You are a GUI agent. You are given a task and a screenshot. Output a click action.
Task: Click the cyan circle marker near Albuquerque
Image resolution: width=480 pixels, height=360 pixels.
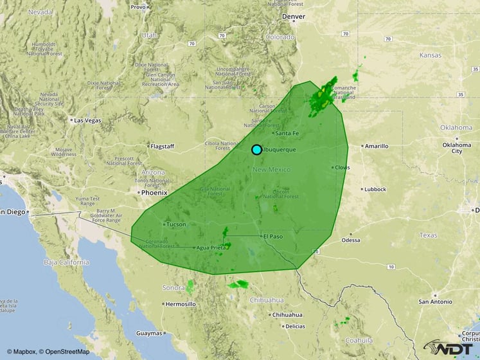click(x=256, y=150)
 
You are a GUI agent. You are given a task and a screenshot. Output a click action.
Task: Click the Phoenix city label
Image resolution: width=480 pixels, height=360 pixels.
click(x=154, y=192)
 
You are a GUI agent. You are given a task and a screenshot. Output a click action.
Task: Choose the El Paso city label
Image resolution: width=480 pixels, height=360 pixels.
click(x=272, y=236)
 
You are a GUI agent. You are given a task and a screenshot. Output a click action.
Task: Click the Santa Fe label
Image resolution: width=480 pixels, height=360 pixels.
click(x=287, y=133)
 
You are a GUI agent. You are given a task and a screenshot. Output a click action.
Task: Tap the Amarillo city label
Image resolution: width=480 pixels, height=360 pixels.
click(x=376, y=146)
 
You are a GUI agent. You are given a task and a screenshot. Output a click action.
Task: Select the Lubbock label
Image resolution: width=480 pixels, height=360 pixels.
click(x=375, y=190)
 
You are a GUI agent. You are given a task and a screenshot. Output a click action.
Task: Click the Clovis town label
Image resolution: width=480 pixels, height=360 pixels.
click(x=342, y=167)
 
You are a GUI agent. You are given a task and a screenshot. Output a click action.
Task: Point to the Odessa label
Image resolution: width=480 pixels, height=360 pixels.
click(x=351, y=240)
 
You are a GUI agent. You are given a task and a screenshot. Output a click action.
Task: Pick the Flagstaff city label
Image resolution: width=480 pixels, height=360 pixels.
click(x=162, y=146)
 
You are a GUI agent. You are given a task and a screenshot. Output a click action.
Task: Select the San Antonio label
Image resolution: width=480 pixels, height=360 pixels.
click(x=438, y=301)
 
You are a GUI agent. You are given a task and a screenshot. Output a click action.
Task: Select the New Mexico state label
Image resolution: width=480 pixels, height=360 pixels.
click(x=271, y=169)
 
